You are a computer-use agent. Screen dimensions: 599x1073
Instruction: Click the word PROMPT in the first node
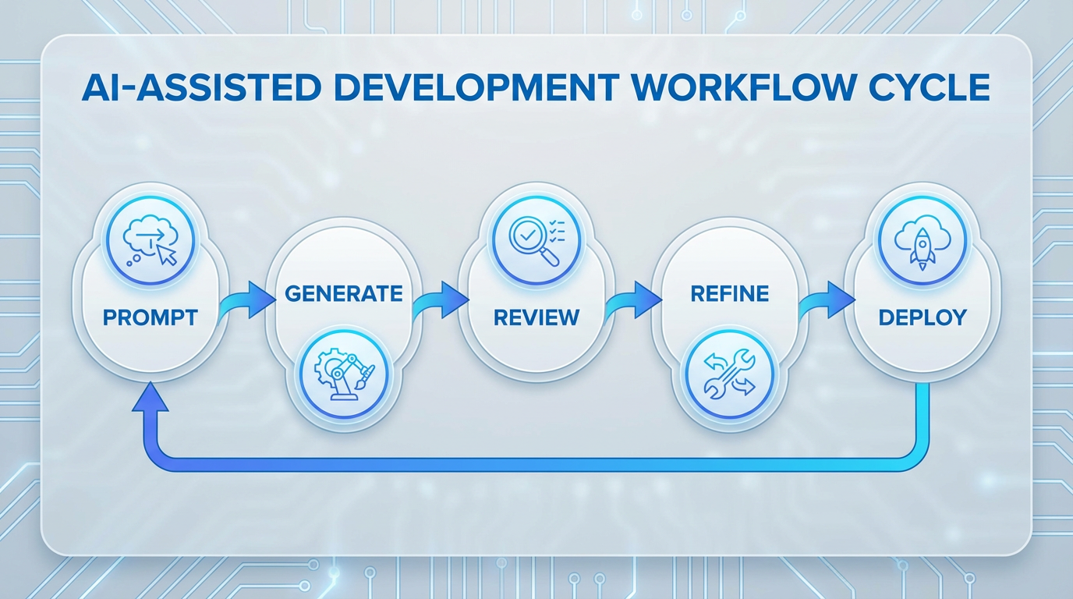[151, 317]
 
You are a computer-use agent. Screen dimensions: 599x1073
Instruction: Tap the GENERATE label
[343, 293]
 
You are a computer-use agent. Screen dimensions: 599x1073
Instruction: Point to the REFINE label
[730, 293]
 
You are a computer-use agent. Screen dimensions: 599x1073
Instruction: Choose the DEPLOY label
[922, 317]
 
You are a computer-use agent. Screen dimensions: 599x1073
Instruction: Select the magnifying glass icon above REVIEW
[536, 232]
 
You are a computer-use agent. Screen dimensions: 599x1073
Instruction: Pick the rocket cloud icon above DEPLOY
[922, 232]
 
